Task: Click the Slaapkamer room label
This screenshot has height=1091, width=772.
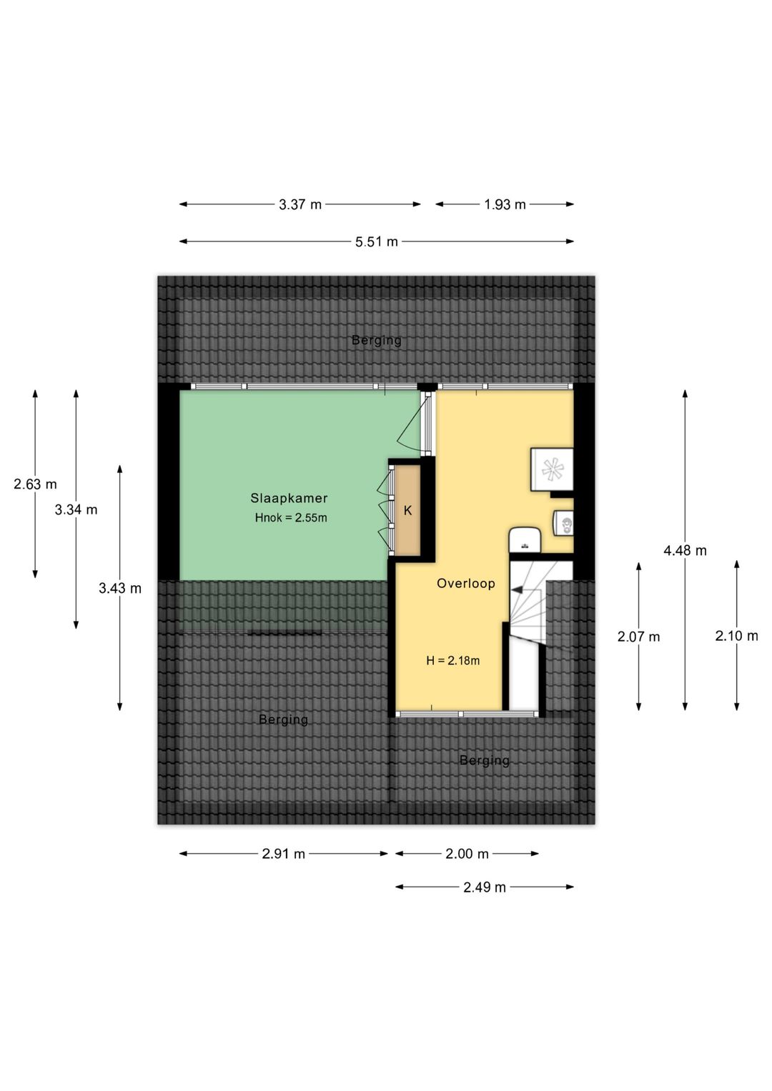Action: (289, 498)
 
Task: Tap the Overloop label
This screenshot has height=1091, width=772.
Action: (465, 584)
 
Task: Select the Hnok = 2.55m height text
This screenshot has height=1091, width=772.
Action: (291, 518)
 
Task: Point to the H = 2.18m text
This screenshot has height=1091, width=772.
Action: (452, 661)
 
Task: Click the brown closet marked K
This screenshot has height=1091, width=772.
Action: (408, 510)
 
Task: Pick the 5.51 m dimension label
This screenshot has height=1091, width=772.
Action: (377, 242)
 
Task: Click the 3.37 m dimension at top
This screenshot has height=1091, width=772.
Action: (300, 205)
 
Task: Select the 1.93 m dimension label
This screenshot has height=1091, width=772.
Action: (505, 205)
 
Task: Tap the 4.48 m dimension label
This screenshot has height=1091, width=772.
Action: (685, 550)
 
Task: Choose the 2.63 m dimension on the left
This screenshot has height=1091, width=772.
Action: (35, 484)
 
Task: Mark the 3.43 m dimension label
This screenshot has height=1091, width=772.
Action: (120, 589)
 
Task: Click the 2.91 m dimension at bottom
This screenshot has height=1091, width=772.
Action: (284, 854)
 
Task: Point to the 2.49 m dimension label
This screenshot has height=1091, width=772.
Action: (485, 887)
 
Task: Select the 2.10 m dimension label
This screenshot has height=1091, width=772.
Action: (736, 636)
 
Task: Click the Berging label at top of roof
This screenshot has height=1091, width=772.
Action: (377, 340)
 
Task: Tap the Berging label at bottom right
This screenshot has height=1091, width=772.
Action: (485, 760)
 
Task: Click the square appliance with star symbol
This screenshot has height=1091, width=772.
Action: (551, 469)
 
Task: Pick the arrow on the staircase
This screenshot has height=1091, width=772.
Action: (518, 590)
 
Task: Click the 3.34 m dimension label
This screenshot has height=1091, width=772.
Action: (76, 509)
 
